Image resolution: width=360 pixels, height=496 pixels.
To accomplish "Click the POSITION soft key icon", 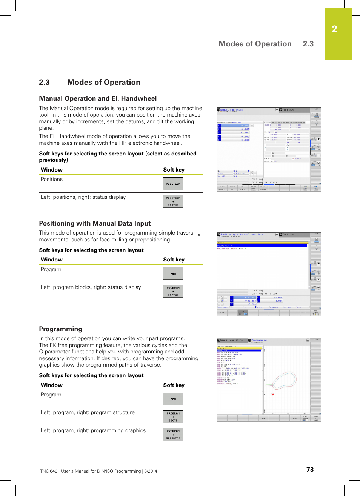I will (173, 184).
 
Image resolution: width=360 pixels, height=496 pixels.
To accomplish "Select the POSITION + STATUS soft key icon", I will (173, 201).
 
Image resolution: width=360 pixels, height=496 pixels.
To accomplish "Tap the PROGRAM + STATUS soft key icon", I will (173, 291).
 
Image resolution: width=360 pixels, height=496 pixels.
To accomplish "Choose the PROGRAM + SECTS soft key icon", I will (173, 417).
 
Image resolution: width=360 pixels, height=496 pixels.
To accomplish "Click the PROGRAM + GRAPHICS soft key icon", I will (173, 435).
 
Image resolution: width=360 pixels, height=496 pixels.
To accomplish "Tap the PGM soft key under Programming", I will (173, 399).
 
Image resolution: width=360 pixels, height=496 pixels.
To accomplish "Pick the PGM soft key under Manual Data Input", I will (173, 273).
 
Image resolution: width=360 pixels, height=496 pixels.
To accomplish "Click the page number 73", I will (310, 470).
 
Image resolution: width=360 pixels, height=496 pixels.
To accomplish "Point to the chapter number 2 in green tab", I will (334, 29).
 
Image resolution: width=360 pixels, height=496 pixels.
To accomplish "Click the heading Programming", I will (60, 329).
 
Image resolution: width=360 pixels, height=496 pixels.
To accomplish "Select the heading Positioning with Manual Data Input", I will (95, 223).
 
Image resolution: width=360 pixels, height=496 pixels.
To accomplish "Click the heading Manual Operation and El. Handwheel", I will (98, 98).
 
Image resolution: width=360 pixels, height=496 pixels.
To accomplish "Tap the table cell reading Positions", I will (52, 179).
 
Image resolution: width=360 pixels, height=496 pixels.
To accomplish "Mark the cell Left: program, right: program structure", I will (88, 412).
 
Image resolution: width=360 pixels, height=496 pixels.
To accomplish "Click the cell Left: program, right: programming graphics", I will (93, 430).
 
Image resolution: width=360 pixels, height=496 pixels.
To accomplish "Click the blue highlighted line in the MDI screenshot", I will (262, 246).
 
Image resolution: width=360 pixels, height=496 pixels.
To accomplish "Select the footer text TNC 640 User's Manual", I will (98, 471).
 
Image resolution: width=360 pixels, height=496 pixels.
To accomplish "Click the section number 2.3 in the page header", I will (308, 44).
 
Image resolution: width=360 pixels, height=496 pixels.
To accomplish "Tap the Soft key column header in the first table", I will (174, 170).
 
